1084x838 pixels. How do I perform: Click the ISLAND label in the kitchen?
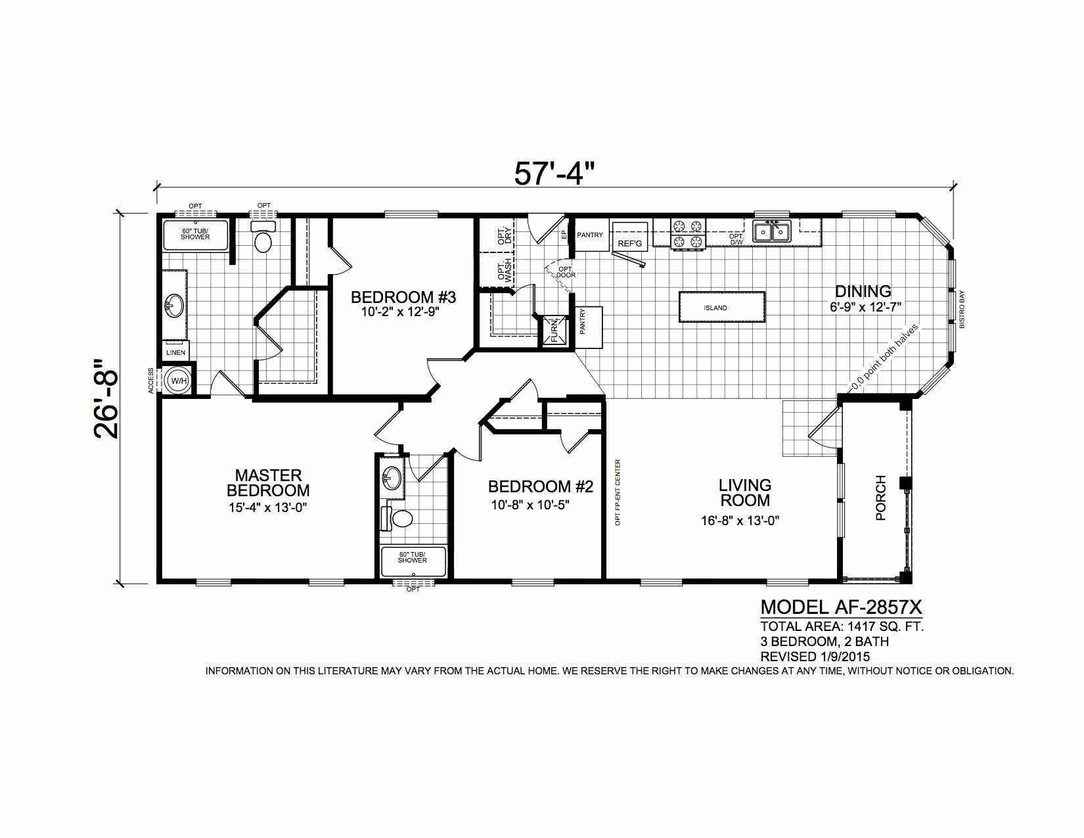[x=715, y=308]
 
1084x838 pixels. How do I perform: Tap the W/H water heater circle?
[x=179, y=381]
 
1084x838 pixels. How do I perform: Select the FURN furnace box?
[x=554, y=330]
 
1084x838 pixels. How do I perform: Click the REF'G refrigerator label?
[x=629, y=244]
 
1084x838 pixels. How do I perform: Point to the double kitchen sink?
[x=771, y=231]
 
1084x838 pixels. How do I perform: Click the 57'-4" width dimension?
[x=555, y=174]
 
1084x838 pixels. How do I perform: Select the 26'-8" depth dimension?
[x=106, y=398]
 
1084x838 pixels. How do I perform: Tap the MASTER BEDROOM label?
[x=268, y=482]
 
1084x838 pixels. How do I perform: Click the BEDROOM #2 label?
[x=541, y=486]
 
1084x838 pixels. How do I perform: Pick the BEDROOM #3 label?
[x=403, y=298]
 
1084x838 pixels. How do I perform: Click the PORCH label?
[x=880, y=498]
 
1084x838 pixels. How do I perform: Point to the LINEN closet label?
[x=175, y=352]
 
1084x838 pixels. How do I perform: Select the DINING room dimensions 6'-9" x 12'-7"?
[x=865, y=307]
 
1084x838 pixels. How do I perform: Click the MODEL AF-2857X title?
[x=841, y=607]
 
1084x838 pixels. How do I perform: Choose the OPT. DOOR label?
[x=566, y=272]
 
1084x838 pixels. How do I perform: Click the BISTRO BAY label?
[x=962, y=309]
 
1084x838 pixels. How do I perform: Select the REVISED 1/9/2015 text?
[x=815, y=657]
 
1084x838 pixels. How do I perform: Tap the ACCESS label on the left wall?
[x=151, y=381]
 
